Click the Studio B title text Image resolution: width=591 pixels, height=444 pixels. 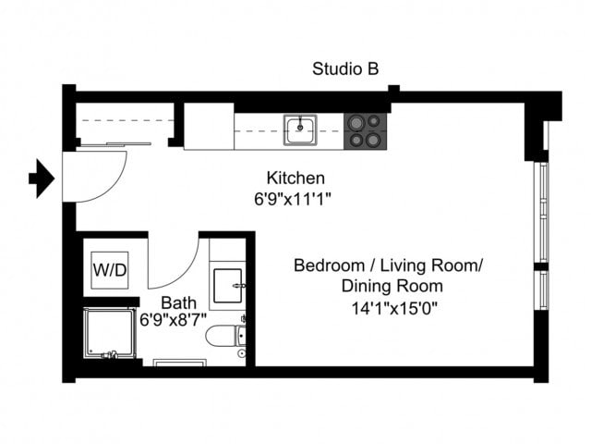pos(345,68)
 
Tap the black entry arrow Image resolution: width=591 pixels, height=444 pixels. pos(42,178)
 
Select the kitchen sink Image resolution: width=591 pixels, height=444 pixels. pos(300,129)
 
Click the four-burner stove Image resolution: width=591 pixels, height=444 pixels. pos(364,130)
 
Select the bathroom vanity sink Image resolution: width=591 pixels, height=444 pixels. pos(228,286)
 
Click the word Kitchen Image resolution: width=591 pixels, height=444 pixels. pos(295,178)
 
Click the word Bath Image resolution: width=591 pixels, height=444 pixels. pos(177,302)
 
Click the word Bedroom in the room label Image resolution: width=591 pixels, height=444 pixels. pos(326,266)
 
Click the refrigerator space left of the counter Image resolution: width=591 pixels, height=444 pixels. pos(208,127)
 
